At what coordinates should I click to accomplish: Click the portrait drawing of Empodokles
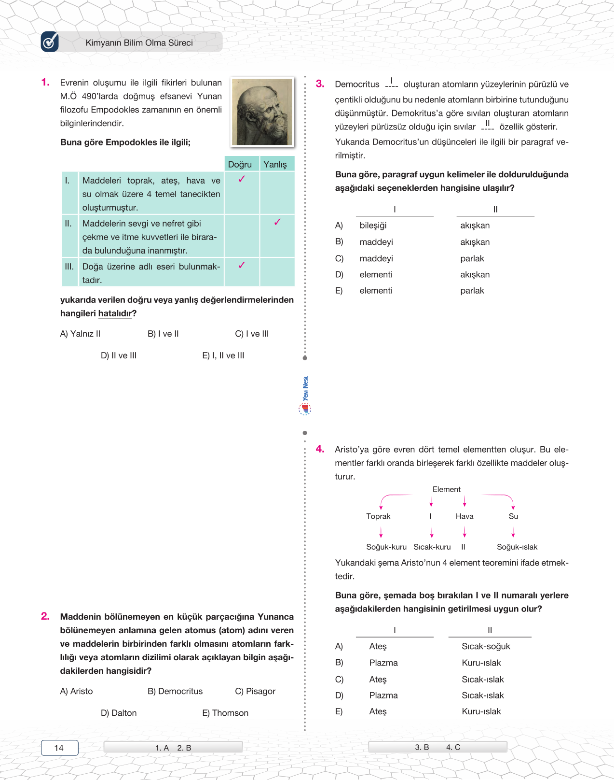262,112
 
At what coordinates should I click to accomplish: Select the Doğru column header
240,164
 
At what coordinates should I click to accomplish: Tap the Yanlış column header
275,164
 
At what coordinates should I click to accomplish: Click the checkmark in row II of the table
277,222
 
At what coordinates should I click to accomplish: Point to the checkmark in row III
242,265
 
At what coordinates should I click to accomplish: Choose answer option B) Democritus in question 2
175,691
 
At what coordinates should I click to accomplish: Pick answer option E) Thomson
225,713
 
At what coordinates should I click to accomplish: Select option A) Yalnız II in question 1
80,334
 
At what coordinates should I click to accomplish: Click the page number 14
59,748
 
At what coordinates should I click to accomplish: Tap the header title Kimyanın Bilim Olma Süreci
139,43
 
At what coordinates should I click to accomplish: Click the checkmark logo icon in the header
50,42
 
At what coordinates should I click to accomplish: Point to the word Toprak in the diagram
378,516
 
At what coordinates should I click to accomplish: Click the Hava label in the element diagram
465,516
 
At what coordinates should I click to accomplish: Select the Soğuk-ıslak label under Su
517,547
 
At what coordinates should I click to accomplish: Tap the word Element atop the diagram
446,489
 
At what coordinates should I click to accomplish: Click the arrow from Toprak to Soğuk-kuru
381,532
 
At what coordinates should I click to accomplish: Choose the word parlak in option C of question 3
472,258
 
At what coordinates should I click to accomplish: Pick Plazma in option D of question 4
383,695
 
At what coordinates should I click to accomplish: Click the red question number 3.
320,84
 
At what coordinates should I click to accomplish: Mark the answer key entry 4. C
453,747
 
